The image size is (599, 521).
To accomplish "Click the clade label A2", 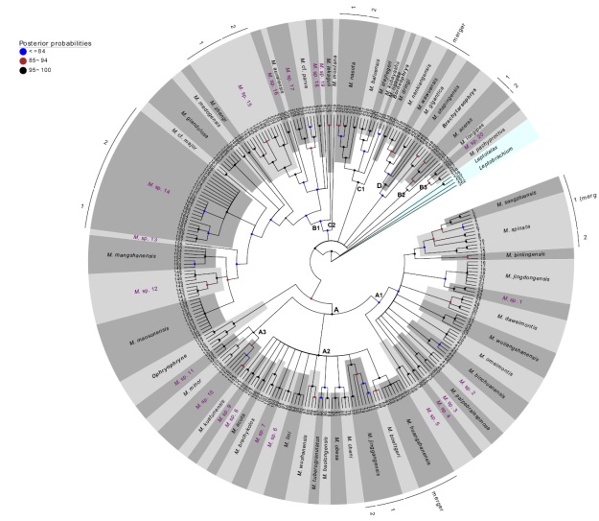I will (326, 351).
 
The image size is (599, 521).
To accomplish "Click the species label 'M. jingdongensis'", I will (522, 277).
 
